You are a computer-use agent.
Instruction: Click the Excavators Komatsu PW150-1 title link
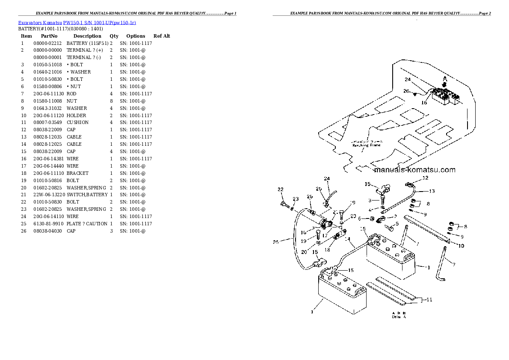point(77,22)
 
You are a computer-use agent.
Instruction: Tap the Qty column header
point(114,36)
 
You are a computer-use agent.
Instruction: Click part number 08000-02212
point(48,43)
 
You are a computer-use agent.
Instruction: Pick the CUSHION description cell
point(77,122)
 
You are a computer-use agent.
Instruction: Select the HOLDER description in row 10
point(77,115)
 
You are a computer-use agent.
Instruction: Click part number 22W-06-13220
point(49,195)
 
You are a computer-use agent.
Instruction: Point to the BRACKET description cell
point(77,173)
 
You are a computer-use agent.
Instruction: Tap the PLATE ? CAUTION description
point(87,224)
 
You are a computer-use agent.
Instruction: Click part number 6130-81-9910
point(48,224)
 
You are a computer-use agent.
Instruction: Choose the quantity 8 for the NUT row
point(111,101)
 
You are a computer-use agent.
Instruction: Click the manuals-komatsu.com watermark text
point(414,170)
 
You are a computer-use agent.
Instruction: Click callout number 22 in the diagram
point(280,189)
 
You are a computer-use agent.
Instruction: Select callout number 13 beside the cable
point(432,191)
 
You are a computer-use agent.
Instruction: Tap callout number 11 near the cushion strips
point(429,300)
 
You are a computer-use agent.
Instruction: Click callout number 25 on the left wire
point(276,242)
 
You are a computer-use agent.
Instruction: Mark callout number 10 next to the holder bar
point(461,245)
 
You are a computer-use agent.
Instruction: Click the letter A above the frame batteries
point(444,79)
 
